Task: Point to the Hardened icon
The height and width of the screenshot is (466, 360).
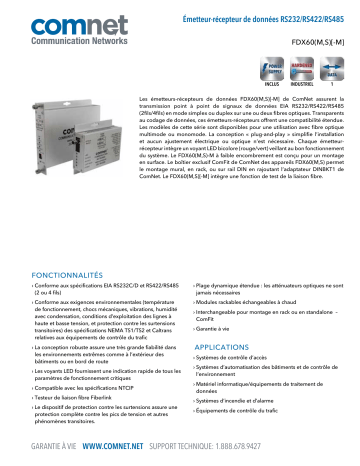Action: click(302, 71)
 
